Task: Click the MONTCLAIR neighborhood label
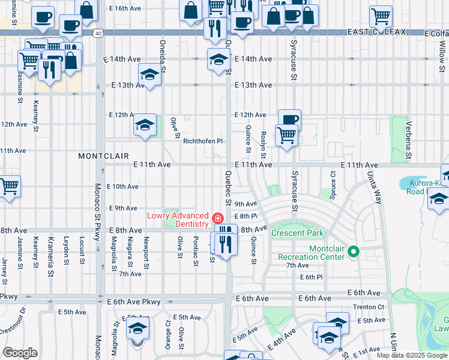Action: point(103,155)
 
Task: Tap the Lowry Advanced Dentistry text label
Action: point(177,220)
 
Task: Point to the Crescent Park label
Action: point(297,233)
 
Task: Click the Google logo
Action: point(20,353)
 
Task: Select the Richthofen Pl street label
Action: point(203,141)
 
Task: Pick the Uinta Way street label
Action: point(374,188)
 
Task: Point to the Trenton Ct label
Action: point(369,307)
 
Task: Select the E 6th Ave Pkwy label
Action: point(134,298)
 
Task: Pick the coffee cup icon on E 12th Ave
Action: point(289,119)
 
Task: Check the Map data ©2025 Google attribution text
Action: point(411,355)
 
